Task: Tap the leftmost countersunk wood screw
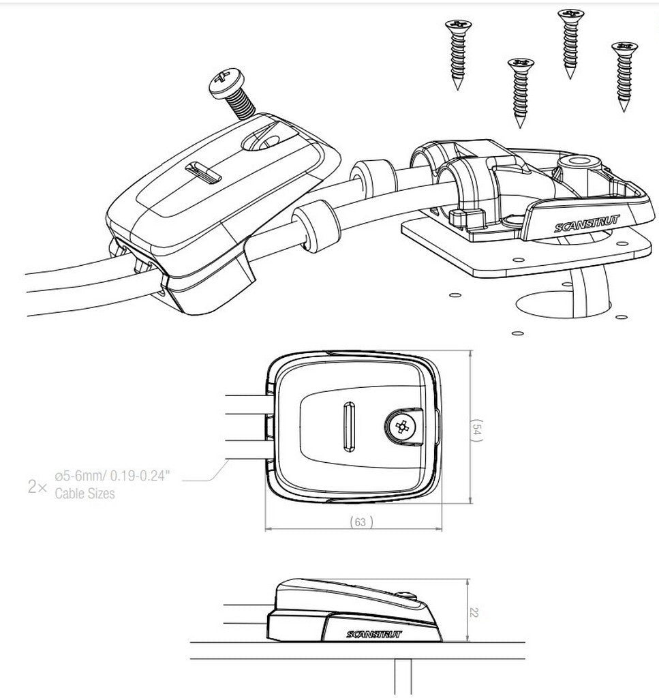[458, 53]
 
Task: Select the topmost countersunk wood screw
[570, 42]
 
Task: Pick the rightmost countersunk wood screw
[624, 76]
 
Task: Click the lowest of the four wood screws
[521, 93]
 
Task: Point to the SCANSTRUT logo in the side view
[373, 635]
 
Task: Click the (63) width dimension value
[360, 521]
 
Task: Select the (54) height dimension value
[476, 431]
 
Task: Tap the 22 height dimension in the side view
[474, 613]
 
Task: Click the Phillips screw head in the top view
[401, 427]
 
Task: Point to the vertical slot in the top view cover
[350, 427]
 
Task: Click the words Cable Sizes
[85, 494]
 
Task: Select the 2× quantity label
[37, 487]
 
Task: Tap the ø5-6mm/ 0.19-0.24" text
[112, 476]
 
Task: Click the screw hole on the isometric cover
[260, 143]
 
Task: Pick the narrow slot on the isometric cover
[203, 172]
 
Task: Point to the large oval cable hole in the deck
[564, 305]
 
